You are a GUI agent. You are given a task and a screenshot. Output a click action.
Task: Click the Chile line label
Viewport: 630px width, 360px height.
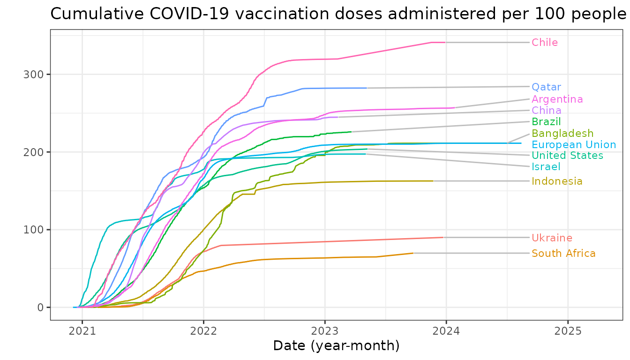click(x=545, y=43)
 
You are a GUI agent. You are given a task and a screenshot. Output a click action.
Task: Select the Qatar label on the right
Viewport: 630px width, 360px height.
click(x=546, y=87)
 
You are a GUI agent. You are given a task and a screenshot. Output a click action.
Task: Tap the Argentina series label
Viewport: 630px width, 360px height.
click(x=557, y=99)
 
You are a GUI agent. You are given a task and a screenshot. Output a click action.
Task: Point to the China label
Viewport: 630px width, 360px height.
click(x=546, y=111)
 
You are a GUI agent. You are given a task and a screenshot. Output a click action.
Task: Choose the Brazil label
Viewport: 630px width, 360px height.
click(x=546, y=122)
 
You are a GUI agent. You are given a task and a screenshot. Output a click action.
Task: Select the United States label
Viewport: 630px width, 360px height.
click(x=567, y=156)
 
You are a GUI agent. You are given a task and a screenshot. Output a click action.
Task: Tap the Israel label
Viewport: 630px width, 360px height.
click(x=546, y=167)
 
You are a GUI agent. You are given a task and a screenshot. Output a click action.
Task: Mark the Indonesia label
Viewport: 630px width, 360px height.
click(x=557, y=181)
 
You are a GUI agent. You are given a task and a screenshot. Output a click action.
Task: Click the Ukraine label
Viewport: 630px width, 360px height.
click(x=552, y=238)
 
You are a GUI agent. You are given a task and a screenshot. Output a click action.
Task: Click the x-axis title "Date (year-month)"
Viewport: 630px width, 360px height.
click(x=336, y=346)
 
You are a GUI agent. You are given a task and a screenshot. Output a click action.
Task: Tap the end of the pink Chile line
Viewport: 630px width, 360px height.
click(x=445, y=42)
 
